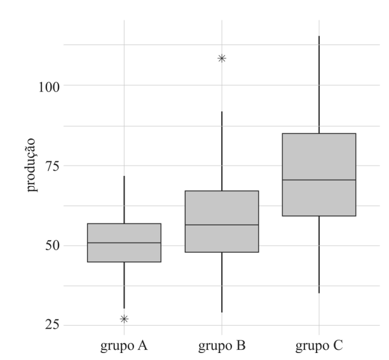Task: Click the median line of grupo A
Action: [x=124, y=243]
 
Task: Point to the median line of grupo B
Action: [x=222, y=225]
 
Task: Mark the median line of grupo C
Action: [x=319, y=180]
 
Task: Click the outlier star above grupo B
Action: [x=222, y=58]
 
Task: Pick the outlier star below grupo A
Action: [x=124, y=319]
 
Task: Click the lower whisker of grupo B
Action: [x=222, y=283]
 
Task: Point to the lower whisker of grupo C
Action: [x=319, y=255]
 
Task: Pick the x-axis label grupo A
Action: [x=124, y=346]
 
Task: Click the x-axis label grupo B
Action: [x=222, y=346]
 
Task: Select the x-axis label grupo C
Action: [x=319, y=346]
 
